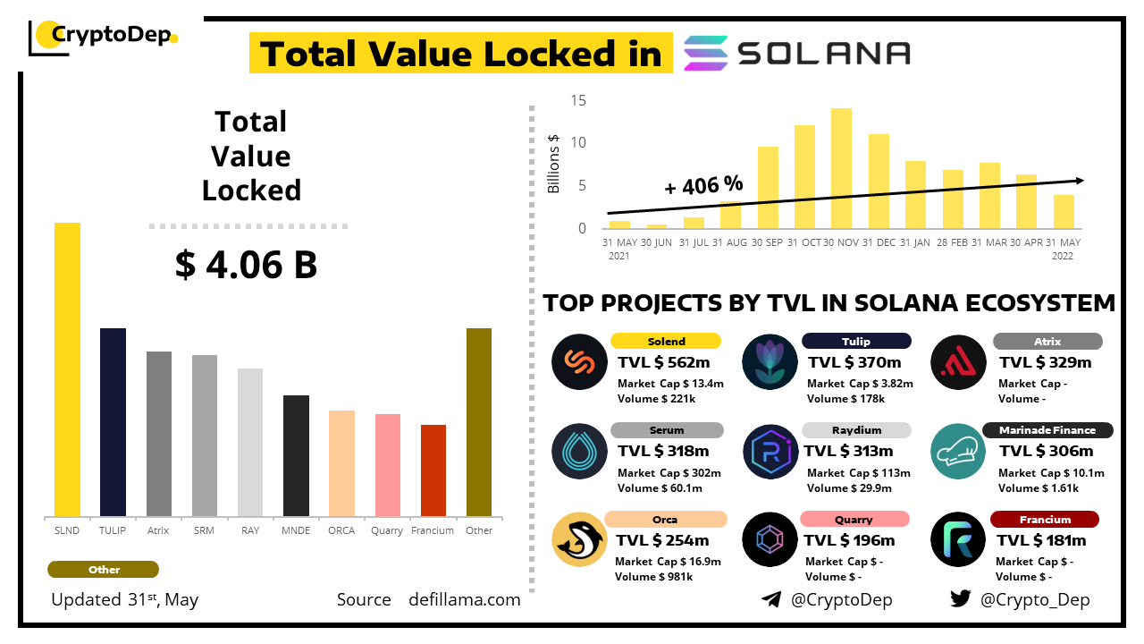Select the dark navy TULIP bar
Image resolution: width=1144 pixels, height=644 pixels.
pos(113,421)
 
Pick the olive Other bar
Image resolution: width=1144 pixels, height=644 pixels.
pos(479,421)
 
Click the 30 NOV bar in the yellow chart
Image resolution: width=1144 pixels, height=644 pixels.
pos(841,168)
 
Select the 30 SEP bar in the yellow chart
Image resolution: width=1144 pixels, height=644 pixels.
pos(768,187)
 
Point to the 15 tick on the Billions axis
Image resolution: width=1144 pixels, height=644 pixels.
pos(579,100)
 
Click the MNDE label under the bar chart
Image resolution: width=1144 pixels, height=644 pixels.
pos(296,530)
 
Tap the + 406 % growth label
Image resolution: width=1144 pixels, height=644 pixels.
pos(704,186)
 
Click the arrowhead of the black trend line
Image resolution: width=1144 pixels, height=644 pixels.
pos(1080,180)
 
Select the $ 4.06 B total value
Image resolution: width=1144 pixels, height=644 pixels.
pos(246,265)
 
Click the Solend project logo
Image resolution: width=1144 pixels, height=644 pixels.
pos(579,361)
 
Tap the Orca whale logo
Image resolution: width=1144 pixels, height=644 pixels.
pos(579,540)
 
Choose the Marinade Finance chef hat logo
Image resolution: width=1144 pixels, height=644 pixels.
pos(957,451)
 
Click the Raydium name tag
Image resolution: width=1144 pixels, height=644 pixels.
pos(855,430)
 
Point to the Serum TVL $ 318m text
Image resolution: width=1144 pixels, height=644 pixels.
pos(663,452)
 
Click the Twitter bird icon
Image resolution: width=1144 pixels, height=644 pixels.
pos(961,599)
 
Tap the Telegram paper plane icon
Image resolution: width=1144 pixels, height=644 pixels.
pos(771,599)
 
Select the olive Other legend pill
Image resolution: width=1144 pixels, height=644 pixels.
pos(104,570)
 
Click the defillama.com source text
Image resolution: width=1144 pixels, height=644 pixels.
pos(465,600)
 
